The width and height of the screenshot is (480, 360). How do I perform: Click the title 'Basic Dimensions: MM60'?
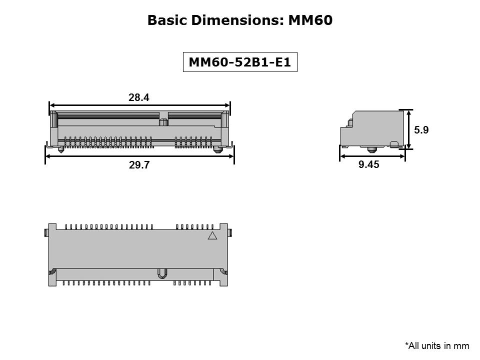click(x=240, y=20)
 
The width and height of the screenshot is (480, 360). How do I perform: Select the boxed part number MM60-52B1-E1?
click(x=240, y=62)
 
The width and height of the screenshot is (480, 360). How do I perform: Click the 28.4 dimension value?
click(x=138, y=97)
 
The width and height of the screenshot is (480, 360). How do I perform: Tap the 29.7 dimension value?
click(x=139, y=164)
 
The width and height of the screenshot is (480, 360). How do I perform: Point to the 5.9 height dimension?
click(x=421, y=130)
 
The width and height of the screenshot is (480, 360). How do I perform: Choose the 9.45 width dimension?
click(x=369, y=164)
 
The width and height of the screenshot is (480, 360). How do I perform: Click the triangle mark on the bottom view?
click(x=212, y=235)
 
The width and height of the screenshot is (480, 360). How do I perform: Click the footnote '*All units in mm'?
click(x=437, y=345)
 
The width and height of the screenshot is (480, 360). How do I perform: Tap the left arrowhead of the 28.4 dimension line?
click(x=52, y=105)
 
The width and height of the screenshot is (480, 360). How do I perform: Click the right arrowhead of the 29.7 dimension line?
click(x=231, y=156)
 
